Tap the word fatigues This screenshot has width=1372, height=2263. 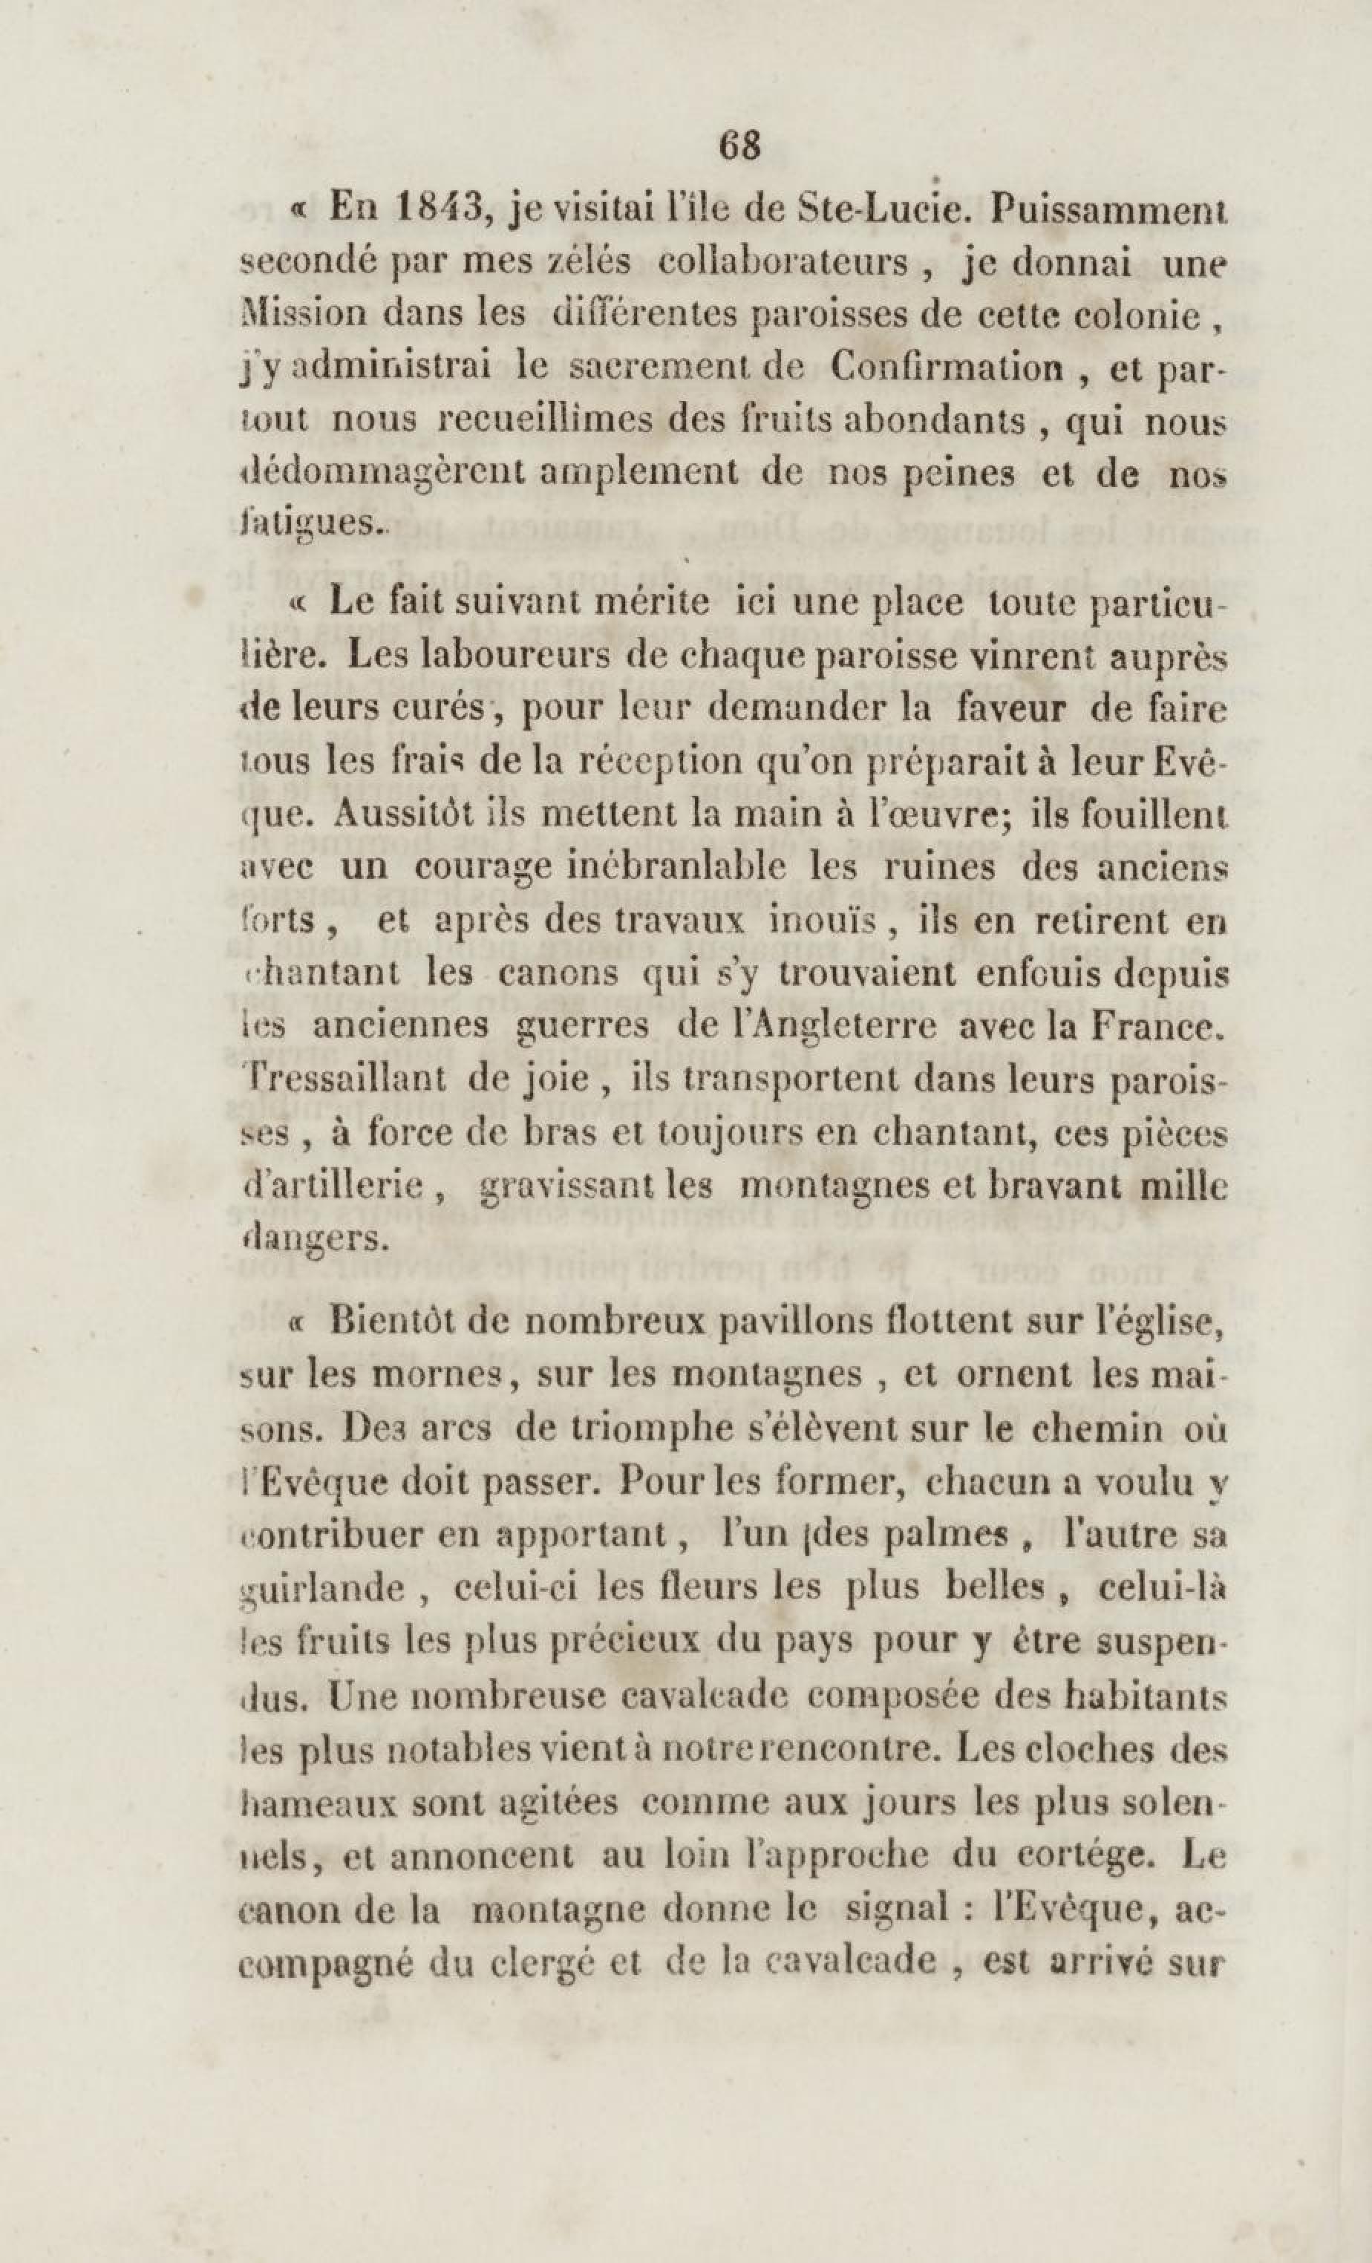(x=310, y=526)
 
